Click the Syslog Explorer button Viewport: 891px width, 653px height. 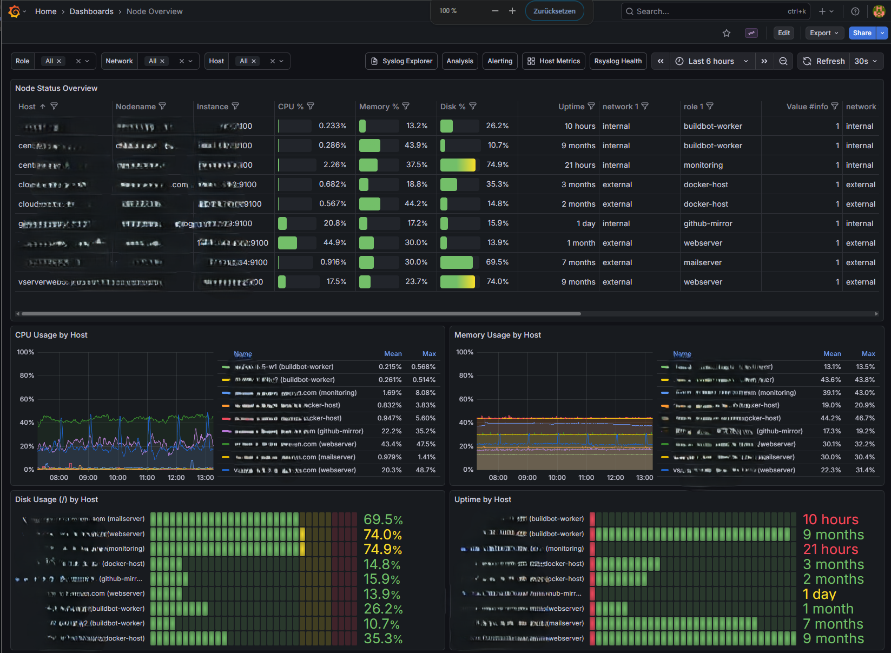(401, 61)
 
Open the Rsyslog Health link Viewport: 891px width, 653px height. (618, 61)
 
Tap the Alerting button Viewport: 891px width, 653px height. (500, 61)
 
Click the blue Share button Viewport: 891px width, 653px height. (862, 33)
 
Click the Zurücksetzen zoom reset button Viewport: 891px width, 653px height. (555, 11)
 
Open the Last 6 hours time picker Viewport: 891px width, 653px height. (711, 61)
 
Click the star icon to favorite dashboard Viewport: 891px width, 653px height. (727, 33)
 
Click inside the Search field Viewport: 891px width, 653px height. (703, 11)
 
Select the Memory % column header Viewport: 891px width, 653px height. (379, 107)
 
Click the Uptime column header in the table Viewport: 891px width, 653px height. (571, 107)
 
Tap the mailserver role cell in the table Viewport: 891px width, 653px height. (703, 262)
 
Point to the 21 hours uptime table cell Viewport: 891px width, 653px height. (580, 165)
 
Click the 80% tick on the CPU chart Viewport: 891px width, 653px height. (27, 375)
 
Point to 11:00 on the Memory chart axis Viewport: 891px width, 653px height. (586, 478)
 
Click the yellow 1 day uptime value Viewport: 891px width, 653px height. (820, 594)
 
